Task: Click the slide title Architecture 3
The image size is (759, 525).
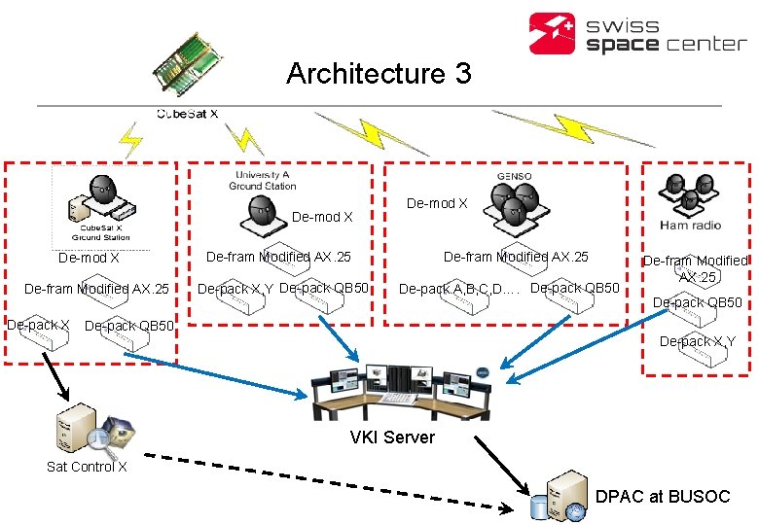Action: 379,74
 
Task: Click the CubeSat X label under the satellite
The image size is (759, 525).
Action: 187,114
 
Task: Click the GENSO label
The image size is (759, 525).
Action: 514,176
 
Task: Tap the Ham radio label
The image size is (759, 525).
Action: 690,226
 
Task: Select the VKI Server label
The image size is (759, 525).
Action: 392,437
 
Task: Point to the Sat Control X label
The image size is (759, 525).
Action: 87,467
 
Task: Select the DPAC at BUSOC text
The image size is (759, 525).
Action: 662,496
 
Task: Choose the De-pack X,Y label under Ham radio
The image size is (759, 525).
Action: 697,341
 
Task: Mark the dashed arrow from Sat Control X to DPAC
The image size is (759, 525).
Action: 331,481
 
